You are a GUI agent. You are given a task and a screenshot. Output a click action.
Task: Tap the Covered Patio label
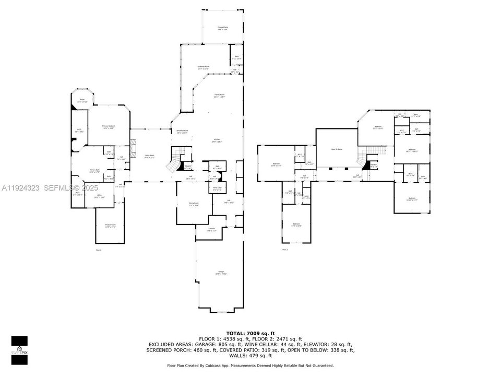click(222, 28)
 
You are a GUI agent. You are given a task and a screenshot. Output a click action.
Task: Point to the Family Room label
click(219, 96)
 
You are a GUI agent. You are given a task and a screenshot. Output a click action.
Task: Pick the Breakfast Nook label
click(182, 132)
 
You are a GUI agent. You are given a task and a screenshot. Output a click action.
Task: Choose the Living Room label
click(150, 156)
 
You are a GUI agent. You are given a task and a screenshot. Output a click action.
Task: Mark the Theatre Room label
click(110, 226)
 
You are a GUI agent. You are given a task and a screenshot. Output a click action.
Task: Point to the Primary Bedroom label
click(109, 127)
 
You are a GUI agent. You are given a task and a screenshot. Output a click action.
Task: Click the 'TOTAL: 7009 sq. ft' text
click(250, 333)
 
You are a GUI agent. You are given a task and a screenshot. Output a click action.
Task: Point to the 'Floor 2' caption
click(285, 250)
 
